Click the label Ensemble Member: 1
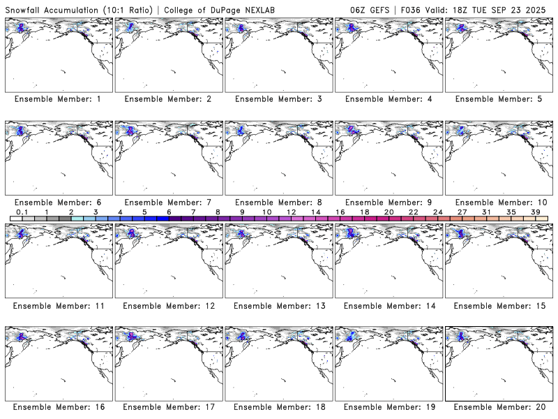click(58, 99)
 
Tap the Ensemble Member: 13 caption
click(278, 305)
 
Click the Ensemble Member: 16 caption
click(58, 407)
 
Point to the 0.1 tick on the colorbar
click(22, 212)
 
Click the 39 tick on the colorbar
click(535, 212)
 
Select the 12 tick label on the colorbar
click(291, 212)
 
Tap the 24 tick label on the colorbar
click(437, 212)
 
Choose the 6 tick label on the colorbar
click(169, 212)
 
